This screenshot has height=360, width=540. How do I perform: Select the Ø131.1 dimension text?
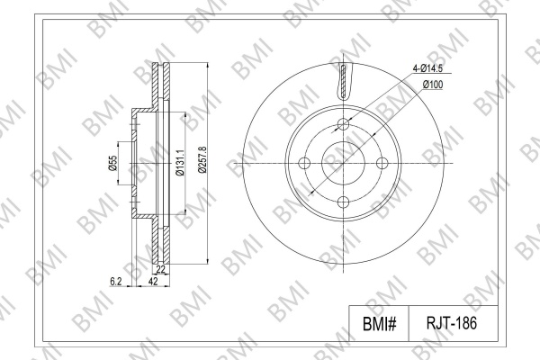(179, 163)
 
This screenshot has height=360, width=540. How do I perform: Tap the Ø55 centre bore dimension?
(112, 163)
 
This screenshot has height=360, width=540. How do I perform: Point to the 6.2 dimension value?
(116, 282)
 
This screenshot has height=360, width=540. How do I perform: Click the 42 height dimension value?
(153, 282)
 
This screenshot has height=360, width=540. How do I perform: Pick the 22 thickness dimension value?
(161, 269)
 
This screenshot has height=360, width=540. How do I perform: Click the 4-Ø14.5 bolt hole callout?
(427, 68)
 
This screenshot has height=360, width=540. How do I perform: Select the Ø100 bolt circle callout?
(433, 84)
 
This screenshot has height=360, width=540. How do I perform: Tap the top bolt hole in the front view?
(344, 124)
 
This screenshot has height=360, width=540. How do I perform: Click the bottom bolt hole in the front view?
(344, 202)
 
